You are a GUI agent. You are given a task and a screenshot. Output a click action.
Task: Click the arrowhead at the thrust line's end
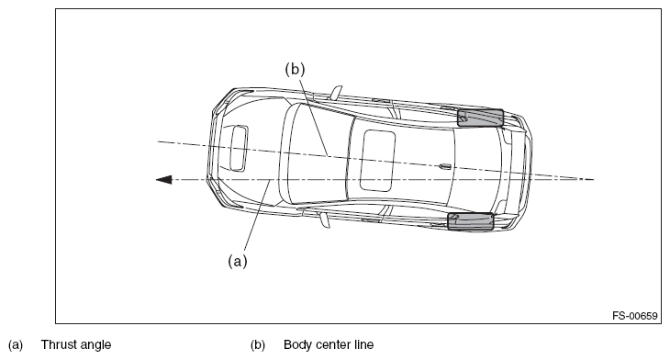(163, 180)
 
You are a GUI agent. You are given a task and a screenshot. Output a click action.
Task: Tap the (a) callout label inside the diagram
(238, 261)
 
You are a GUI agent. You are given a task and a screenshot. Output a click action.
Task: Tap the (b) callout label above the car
(296, 69)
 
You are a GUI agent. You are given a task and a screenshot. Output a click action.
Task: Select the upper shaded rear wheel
(480, 118)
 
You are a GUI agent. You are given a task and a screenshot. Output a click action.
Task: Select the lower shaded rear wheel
(471, 221)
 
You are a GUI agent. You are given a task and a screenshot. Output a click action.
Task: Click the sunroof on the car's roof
(377, 160)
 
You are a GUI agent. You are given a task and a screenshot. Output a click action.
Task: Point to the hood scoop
(239, 149)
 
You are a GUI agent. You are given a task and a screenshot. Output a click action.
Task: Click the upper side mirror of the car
(336, 93)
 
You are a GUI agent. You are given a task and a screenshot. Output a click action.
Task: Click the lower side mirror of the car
(325, 219)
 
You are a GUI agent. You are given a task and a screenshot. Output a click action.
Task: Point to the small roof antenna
(444, 166)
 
